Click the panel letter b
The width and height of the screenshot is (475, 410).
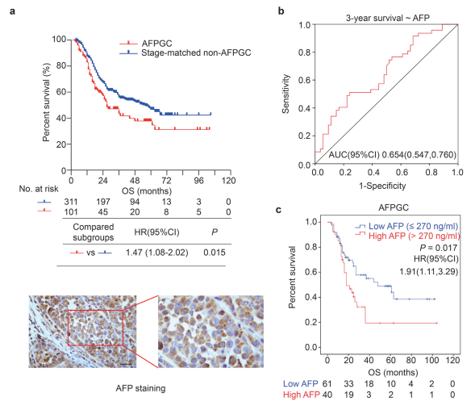click(281, 11)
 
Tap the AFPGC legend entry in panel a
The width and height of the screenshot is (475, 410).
click(146, 44)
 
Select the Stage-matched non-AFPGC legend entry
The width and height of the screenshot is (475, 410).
click(185, 52)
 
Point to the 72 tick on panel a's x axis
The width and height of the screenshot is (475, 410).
click(166, 181)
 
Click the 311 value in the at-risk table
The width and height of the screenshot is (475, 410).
click(71, 202)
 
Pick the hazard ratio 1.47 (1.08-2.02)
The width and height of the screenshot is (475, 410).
click(157, 253)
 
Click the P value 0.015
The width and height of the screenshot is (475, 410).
click(215, 253)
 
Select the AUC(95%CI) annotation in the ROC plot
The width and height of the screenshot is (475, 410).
click(392, 155)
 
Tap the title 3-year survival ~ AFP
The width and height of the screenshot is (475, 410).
click(387, 19)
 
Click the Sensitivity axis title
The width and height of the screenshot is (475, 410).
click(285, 94)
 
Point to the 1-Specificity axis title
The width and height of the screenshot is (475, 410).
click(382, 186)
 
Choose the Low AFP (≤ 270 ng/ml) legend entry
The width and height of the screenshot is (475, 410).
click(406, 226)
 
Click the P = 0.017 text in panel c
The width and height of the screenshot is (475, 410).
click(439, 248)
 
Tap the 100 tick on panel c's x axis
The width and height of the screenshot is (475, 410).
click(431, 360)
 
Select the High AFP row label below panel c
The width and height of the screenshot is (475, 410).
click(301, 395)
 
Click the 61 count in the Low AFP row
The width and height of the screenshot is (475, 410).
click(327, 383)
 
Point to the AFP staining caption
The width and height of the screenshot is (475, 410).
click(140, 388)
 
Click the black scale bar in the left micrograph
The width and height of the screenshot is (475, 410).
click(127, 364)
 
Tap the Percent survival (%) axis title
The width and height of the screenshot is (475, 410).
click(46, 102)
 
